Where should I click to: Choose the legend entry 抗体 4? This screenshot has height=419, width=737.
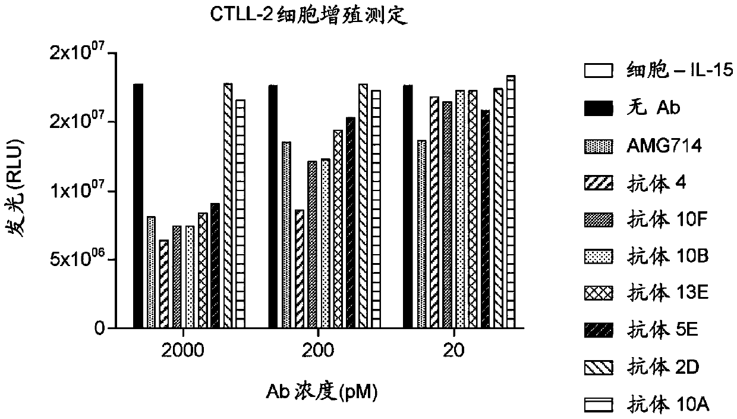coord(654,183)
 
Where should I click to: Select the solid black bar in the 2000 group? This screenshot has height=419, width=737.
coord(138,206)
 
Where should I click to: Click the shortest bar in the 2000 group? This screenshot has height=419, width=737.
coord(163,284)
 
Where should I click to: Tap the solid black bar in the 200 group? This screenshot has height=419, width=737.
coord(273,207)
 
